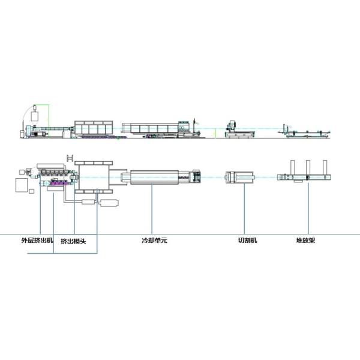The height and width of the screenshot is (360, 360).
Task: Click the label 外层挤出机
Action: (x=37, y=241)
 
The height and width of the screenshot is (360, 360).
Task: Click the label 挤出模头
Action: (x=75, y=241)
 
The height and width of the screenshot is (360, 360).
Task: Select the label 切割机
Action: (x=247, y=241)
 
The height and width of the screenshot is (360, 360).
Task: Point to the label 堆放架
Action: (x=307, y=241)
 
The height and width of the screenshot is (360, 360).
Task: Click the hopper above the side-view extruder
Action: (x=35, y=114)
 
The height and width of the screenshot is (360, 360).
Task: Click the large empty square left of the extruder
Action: (x=21, y=183)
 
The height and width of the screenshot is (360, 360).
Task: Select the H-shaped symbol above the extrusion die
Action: (x=69, y=158)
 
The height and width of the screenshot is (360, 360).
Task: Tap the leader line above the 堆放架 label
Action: (x=307, y=210)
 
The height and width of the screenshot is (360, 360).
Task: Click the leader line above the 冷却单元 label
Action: (x=152, y=210)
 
